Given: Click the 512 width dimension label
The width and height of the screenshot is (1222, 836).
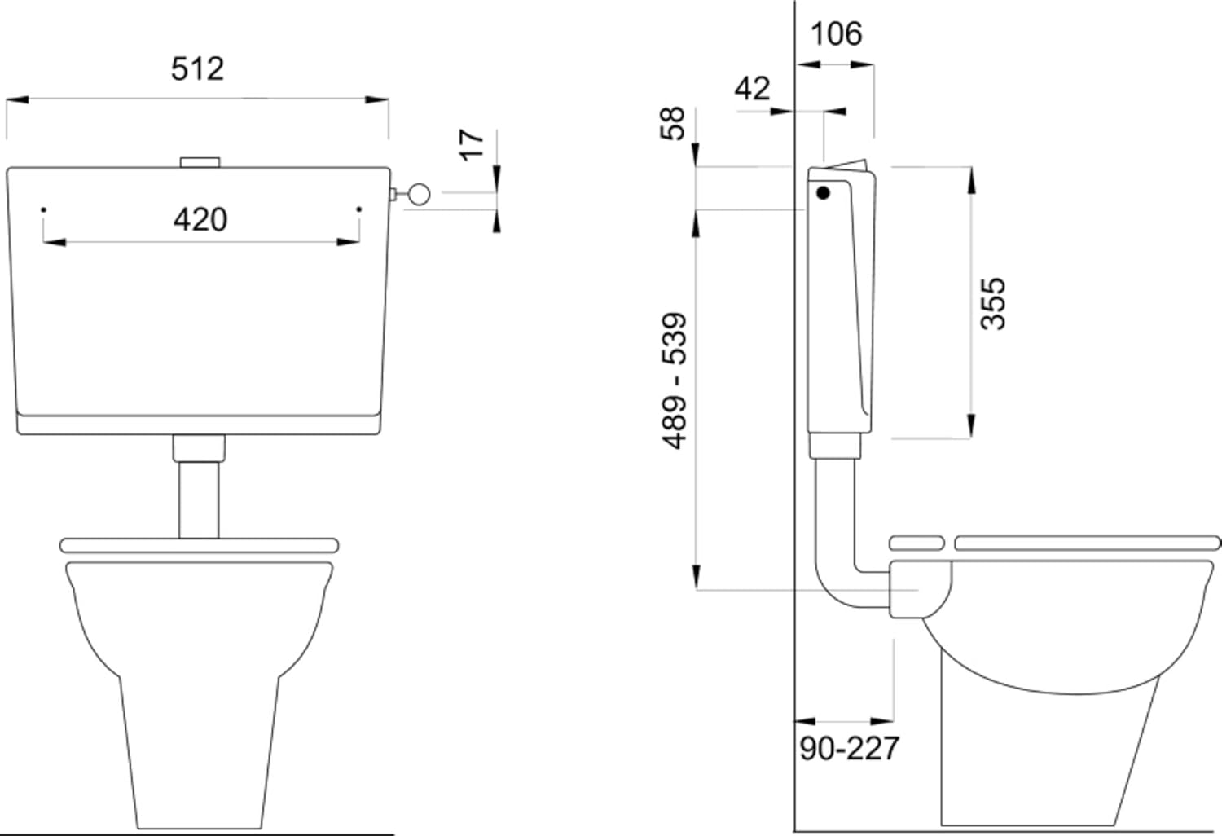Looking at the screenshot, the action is [197, 69].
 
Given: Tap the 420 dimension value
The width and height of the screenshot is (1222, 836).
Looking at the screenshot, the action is [200, 220].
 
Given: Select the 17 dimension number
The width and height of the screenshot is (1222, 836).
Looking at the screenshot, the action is [473, 145].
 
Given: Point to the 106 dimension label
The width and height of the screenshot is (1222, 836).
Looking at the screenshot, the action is [837, 34].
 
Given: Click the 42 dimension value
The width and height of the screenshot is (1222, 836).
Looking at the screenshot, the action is [752, 88].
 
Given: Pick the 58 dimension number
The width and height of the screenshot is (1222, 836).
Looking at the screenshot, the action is [672, 124].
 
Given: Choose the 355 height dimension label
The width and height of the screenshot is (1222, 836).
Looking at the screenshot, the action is [992, 304].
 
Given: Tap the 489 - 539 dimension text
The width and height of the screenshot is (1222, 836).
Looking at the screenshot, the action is [674, 381].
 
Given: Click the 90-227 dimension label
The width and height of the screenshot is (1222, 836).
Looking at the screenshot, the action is [850, 748].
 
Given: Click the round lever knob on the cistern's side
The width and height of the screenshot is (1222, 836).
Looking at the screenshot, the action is [419, 194].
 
